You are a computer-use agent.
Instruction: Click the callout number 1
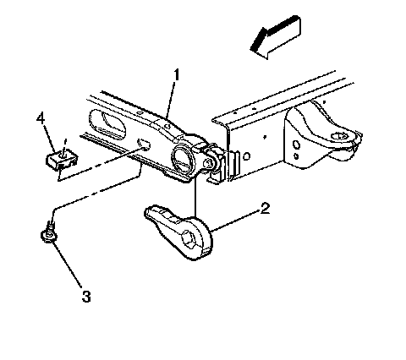point(177,75)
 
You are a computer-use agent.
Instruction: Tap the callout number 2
point(265,208)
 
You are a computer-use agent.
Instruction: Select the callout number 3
point(86,297)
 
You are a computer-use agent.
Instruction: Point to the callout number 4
point(41,118)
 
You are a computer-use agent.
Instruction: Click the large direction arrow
point(276,37)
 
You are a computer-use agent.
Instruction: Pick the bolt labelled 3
point(49,232)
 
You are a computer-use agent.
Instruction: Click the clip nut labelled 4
point(62,160)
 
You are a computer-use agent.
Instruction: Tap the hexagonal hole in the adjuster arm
point(189,240)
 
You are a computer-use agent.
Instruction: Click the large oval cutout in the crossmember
point(107,124)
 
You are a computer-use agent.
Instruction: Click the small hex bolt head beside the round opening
point(209,163)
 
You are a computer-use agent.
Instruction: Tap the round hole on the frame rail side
point(246,156)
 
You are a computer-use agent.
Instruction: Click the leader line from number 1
point(171,99)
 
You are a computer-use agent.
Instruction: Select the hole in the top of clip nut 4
point(63,154)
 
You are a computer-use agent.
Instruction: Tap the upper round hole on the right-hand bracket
point(296,145)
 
